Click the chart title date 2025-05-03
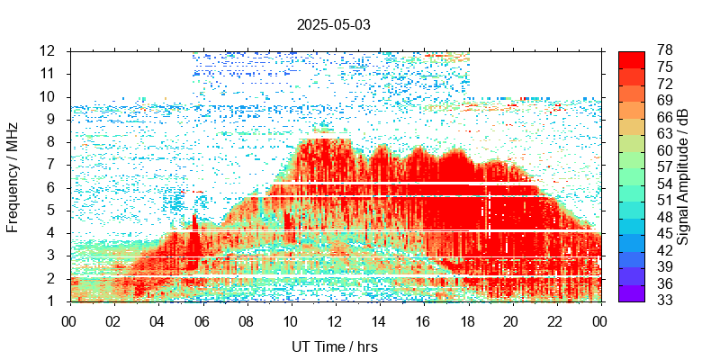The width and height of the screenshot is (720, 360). [333, 24]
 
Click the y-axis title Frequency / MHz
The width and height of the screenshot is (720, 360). [13, 177]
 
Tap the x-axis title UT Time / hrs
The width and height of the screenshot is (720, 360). [334, 346]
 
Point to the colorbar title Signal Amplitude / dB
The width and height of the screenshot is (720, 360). [683, 177]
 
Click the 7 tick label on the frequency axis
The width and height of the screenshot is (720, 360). [53, 165]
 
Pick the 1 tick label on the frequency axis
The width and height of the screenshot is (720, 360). [53, 301]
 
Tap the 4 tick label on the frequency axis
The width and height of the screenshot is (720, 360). [53, 233]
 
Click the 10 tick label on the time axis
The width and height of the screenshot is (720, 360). [290, 319]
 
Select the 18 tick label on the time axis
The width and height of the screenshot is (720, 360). [467, 319]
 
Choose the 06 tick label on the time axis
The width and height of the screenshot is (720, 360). [202, 319]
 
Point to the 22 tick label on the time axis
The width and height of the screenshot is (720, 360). [555, 319]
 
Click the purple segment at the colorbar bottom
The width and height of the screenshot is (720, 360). [631, 292]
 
